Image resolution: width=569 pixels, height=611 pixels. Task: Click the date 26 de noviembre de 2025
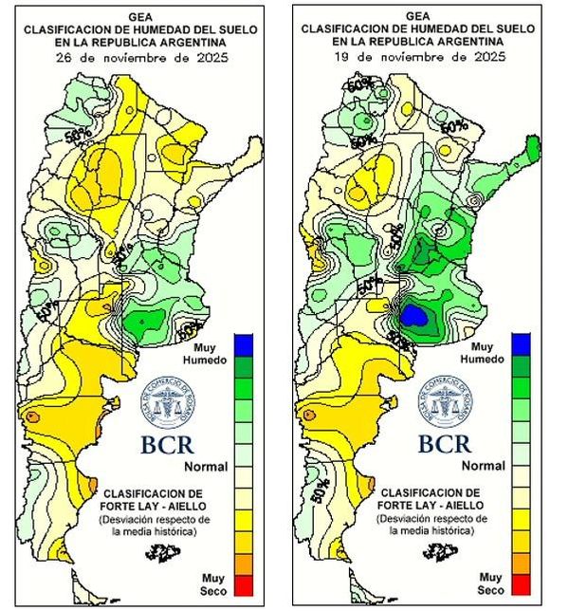142,58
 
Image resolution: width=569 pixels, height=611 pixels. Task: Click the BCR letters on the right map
445,443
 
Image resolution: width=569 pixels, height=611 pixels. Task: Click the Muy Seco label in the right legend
490,582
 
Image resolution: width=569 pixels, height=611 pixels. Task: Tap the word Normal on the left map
204,467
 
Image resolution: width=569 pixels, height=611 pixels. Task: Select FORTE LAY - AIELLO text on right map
431,506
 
